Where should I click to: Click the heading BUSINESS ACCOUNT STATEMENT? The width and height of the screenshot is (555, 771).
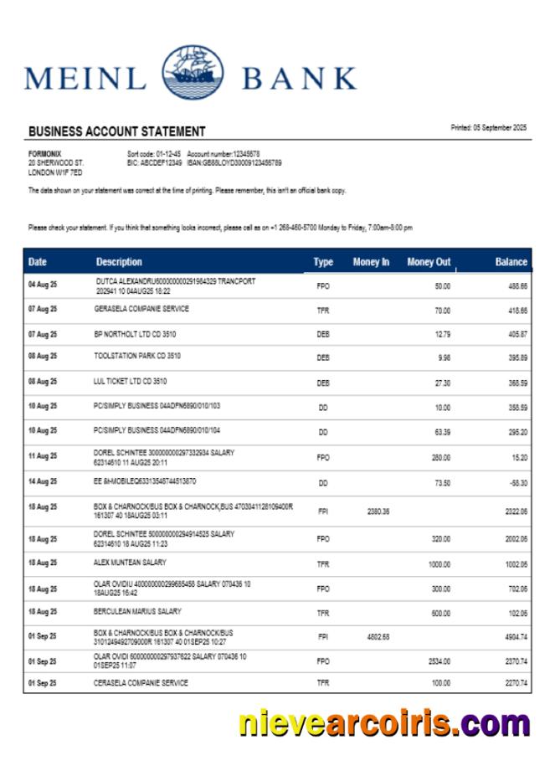[116, 131]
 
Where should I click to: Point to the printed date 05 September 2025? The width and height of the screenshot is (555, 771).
[489, 127]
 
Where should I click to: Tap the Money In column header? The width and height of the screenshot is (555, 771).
[371, 262]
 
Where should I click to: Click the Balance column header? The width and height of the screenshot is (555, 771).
[511, 262]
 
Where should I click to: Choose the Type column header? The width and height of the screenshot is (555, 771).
[323, 262]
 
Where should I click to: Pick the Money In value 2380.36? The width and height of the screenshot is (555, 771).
[378, 510]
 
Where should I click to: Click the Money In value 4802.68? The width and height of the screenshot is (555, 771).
[378, 636]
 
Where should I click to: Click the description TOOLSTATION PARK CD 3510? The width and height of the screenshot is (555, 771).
[138, 356]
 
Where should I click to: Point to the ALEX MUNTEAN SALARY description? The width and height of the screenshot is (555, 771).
[130, 563]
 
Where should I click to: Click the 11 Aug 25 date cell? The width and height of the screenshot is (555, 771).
[43, 456]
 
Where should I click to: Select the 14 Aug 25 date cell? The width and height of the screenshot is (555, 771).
[43, 482]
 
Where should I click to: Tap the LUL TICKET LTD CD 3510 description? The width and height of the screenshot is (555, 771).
[130, 381]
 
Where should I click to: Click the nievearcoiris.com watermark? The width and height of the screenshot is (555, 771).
[383, 722]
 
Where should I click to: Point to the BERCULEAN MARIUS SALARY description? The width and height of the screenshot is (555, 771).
[138, 611]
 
